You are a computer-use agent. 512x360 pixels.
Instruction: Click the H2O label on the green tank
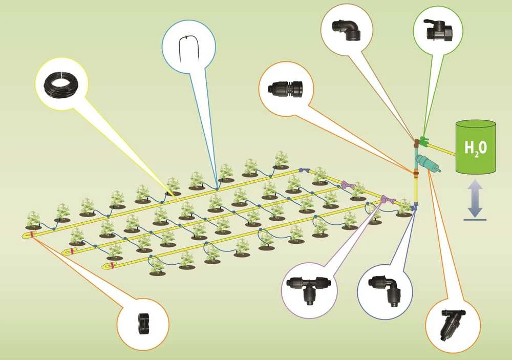476,148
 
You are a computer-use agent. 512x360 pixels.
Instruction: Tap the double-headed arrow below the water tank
475,198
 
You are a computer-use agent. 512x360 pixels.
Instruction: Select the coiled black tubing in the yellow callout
61,84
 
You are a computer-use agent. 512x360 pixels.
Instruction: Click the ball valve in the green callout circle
438,29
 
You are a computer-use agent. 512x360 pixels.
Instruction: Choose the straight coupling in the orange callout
285,88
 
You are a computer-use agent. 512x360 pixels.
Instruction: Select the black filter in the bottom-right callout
453,324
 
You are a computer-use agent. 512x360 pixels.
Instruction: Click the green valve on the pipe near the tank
423,141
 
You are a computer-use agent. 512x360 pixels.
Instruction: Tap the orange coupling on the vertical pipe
416,174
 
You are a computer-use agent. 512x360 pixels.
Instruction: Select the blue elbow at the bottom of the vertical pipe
415,206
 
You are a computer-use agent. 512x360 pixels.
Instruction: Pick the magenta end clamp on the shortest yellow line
113,265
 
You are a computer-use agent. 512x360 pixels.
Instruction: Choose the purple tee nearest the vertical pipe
388,199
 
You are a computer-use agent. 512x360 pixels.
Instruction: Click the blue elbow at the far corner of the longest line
304,170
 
